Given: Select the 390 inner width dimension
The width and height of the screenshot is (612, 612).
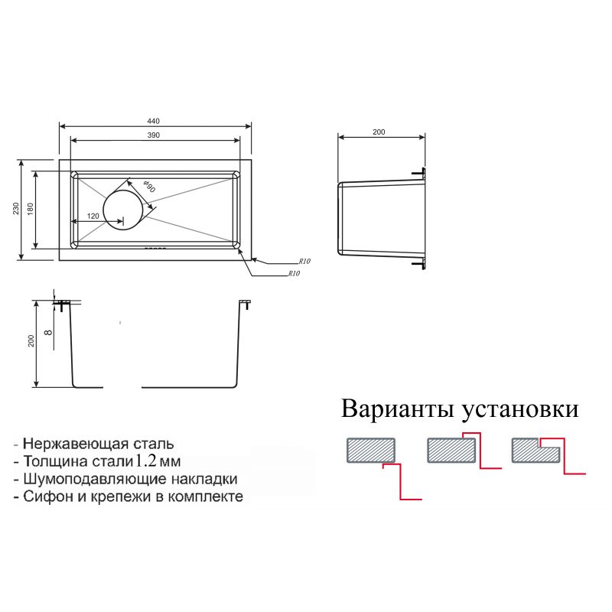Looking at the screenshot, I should point(153,135).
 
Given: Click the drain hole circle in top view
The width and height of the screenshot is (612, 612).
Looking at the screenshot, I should point(122,209).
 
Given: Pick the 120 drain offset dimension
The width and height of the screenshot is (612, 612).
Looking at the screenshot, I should point(93,216).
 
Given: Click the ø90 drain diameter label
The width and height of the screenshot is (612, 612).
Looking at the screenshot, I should point(149,187).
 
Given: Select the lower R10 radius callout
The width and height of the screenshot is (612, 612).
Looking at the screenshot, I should point(294,273).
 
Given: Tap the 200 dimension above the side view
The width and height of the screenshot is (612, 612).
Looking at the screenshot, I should point(379,132).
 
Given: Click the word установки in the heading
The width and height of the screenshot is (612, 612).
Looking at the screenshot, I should point(519,409).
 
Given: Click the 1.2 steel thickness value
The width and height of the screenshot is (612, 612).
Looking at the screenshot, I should point(148,461).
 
